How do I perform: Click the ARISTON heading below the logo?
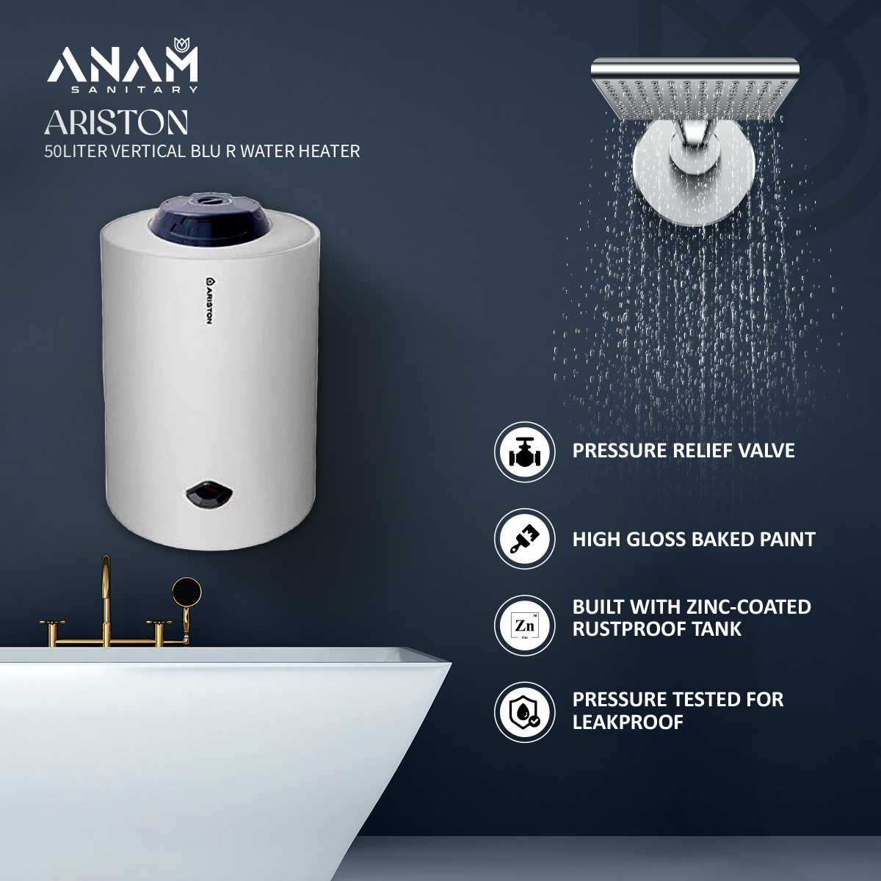(x=116, y=123)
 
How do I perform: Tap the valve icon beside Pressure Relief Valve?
(x=524, y=452)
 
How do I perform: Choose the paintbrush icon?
(x=524, y=540)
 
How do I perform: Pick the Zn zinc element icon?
(x=524, y=626)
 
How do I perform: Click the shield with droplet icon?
(x=524, y=712)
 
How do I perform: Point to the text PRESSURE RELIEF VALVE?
(x=684, y=450)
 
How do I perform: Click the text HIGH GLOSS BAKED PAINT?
(x=694, y=540)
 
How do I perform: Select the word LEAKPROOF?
(x=628, y=722)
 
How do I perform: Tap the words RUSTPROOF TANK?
(x=657, y=629)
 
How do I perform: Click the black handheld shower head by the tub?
(x=186, y=590)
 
